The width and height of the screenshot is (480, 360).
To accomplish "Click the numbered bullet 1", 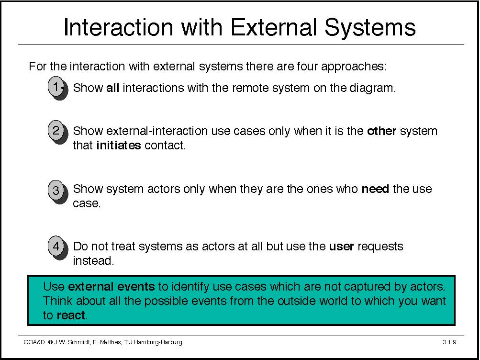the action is [57, 88].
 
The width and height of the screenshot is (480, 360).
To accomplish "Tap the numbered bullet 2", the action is [57, 132].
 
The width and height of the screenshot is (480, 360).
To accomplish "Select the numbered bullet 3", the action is [57, 191].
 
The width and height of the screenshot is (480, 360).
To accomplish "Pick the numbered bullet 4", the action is [57, 247].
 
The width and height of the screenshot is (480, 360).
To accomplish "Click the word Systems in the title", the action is [370, 27].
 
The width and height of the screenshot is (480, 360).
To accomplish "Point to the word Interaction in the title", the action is [118, 27].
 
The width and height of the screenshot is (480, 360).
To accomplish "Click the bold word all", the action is [112, 88].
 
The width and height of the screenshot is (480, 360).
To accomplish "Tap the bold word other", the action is [381, 131].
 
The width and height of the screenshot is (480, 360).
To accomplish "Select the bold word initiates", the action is [119, 145].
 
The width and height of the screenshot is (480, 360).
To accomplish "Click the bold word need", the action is [375, 189].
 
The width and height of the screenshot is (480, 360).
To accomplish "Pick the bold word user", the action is [341, 247].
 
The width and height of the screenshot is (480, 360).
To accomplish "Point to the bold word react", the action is [71, 315].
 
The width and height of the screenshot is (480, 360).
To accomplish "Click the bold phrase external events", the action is [112, 287].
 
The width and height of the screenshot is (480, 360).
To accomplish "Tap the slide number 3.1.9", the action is [449, 342].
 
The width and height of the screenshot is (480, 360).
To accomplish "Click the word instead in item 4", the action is [93, 261].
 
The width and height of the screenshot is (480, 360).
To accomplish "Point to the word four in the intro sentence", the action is [307, 67].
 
